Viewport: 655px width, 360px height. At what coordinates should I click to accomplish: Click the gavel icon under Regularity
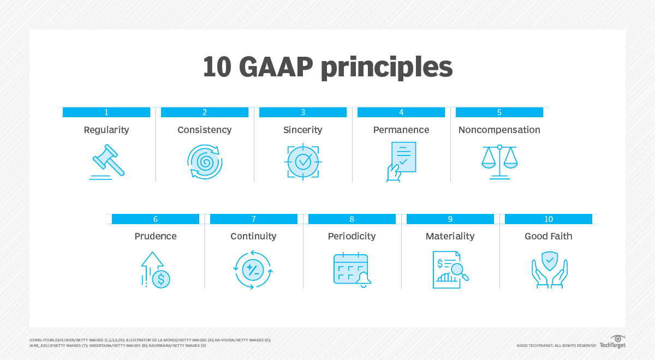(x=106, y=161)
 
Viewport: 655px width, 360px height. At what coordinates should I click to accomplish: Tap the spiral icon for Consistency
(x=205, y=161)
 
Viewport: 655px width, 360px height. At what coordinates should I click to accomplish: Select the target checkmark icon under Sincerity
(x=303, y=161)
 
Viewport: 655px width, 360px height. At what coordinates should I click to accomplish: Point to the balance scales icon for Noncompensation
(x=499, y=161)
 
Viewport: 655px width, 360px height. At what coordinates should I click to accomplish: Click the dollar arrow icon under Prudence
(x=156, y=269)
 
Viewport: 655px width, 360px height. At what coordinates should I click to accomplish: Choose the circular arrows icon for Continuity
(x=253, y=269)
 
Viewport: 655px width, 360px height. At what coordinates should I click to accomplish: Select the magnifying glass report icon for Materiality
(x=450, y=269)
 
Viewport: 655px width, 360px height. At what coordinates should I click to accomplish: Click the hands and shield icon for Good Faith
(x=549, y=269)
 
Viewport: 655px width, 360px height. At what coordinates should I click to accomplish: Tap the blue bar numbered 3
(x=303, y=112)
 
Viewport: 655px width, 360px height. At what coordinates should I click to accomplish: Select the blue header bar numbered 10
(x=549, y=219)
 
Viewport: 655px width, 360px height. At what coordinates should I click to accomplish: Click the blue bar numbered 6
(x=156, y=219)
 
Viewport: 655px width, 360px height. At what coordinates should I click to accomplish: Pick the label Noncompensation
(x=499, y=130)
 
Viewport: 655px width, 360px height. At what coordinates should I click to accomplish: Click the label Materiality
(x=450, y=236)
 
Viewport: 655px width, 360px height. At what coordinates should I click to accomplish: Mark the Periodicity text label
(x=352, y=236)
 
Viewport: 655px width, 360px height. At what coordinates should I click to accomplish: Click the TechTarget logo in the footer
(x=613, y=342)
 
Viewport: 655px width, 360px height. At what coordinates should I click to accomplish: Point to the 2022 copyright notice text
(x=556, y=345)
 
